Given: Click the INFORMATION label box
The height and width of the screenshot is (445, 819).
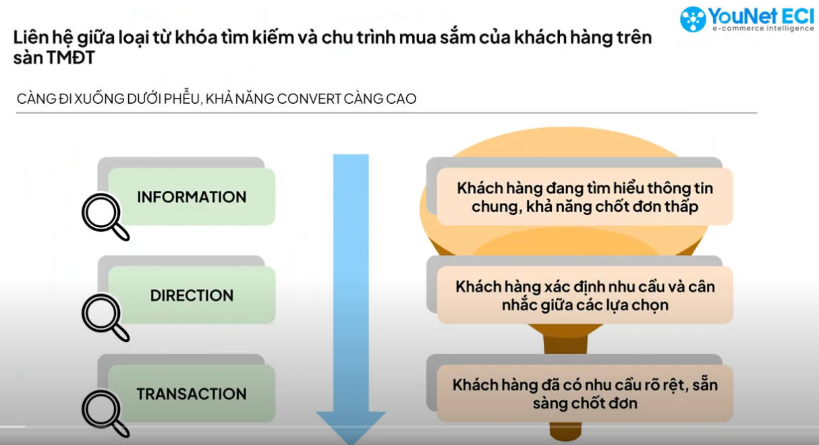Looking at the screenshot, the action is (192, 197).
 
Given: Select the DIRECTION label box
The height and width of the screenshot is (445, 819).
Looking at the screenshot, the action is (192, 295).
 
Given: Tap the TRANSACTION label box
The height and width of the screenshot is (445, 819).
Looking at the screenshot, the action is (192, 394).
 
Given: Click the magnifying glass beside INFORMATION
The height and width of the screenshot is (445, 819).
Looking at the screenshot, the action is (105, 216).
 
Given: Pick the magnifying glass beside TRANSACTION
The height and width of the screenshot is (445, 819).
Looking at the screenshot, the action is (105, 413).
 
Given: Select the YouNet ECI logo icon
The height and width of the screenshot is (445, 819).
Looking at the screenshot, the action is (693, 19).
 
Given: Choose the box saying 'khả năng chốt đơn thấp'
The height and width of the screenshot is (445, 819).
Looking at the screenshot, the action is (584, 197).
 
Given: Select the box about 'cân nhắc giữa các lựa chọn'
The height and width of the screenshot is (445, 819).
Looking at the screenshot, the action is (584, 295).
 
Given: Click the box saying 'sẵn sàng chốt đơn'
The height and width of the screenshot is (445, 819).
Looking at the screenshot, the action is (584, 394).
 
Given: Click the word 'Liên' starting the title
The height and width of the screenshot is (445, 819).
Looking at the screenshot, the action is (30, 38).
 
